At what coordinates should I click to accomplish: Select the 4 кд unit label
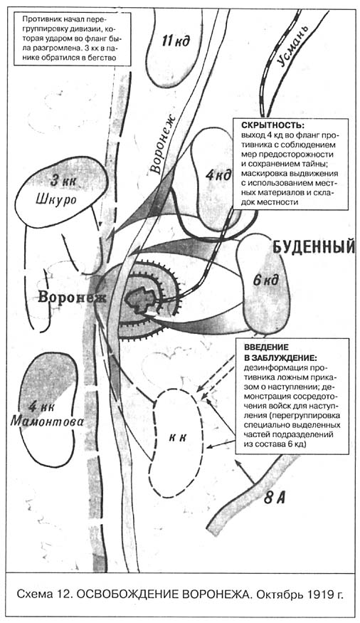point(218,175)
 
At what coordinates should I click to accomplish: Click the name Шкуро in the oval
point(56,199)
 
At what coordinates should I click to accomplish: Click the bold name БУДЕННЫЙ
point(313,247)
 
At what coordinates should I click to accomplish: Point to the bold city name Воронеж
point(72,297)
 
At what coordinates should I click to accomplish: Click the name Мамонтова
point(47,421)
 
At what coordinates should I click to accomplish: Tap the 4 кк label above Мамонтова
point(42,406)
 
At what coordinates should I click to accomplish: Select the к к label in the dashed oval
point(177,437)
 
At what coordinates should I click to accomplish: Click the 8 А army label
point(274,497)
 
